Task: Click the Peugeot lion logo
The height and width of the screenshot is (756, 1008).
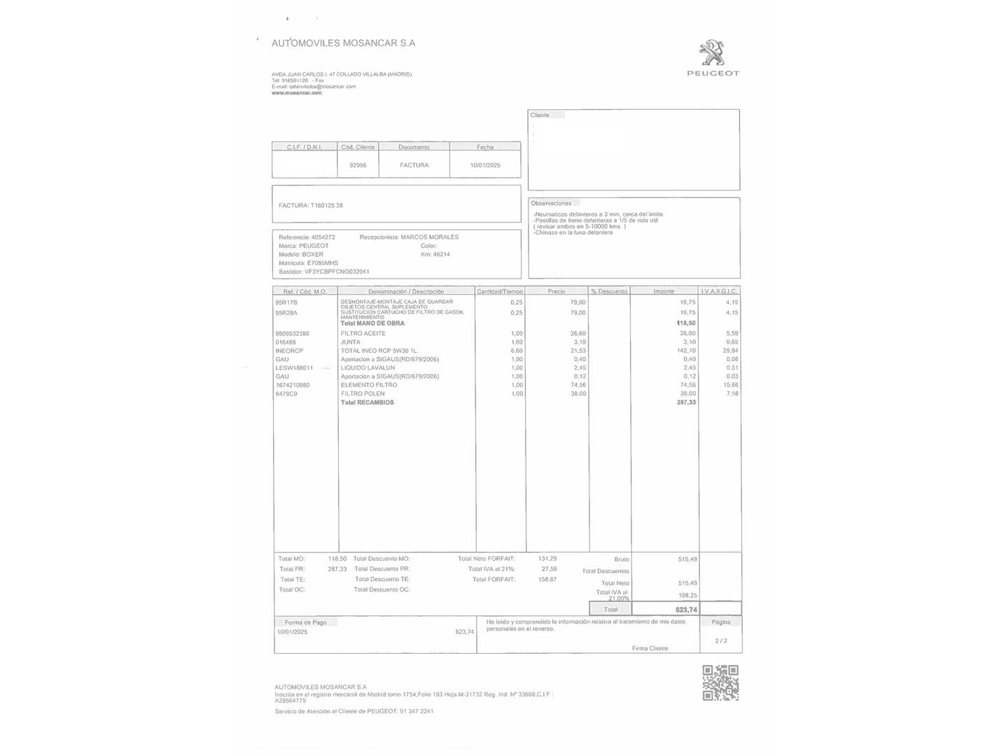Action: click(x=712, y=54)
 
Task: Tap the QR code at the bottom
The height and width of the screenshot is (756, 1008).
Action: click(x=720, y=682)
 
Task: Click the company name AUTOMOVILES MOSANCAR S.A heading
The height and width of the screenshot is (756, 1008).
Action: click(x=343, y=43)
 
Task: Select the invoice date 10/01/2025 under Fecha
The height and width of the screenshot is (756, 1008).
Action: click(x=485, y=165)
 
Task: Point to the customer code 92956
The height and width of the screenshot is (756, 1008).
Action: click(x=358, y=165)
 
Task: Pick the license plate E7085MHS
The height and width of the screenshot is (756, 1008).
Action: click(x=323, y=263)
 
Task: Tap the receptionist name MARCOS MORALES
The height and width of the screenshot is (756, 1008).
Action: click(x=429, y=237)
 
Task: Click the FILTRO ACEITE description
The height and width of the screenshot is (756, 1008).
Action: click(x=363, y=334)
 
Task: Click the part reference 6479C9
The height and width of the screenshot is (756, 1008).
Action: click(x=286, y=394)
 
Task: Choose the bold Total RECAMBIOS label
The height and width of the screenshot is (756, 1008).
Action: click(x=367, y=402)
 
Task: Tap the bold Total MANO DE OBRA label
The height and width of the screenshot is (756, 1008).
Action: click(x=372, y=323)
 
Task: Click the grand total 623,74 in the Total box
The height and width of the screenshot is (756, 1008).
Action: click(x=686, y=610)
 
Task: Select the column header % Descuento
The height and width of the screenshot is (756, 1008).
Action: click(x=609, y=291)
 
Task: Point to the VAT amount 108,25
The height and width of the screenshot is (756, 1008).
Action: click(x=687, y=596)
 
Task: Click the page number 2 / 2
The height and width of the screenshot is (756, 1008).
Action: click(x=721, y=640)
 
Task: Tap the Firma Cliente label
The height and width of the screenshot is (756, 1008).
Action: click(x=650, y=648)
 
